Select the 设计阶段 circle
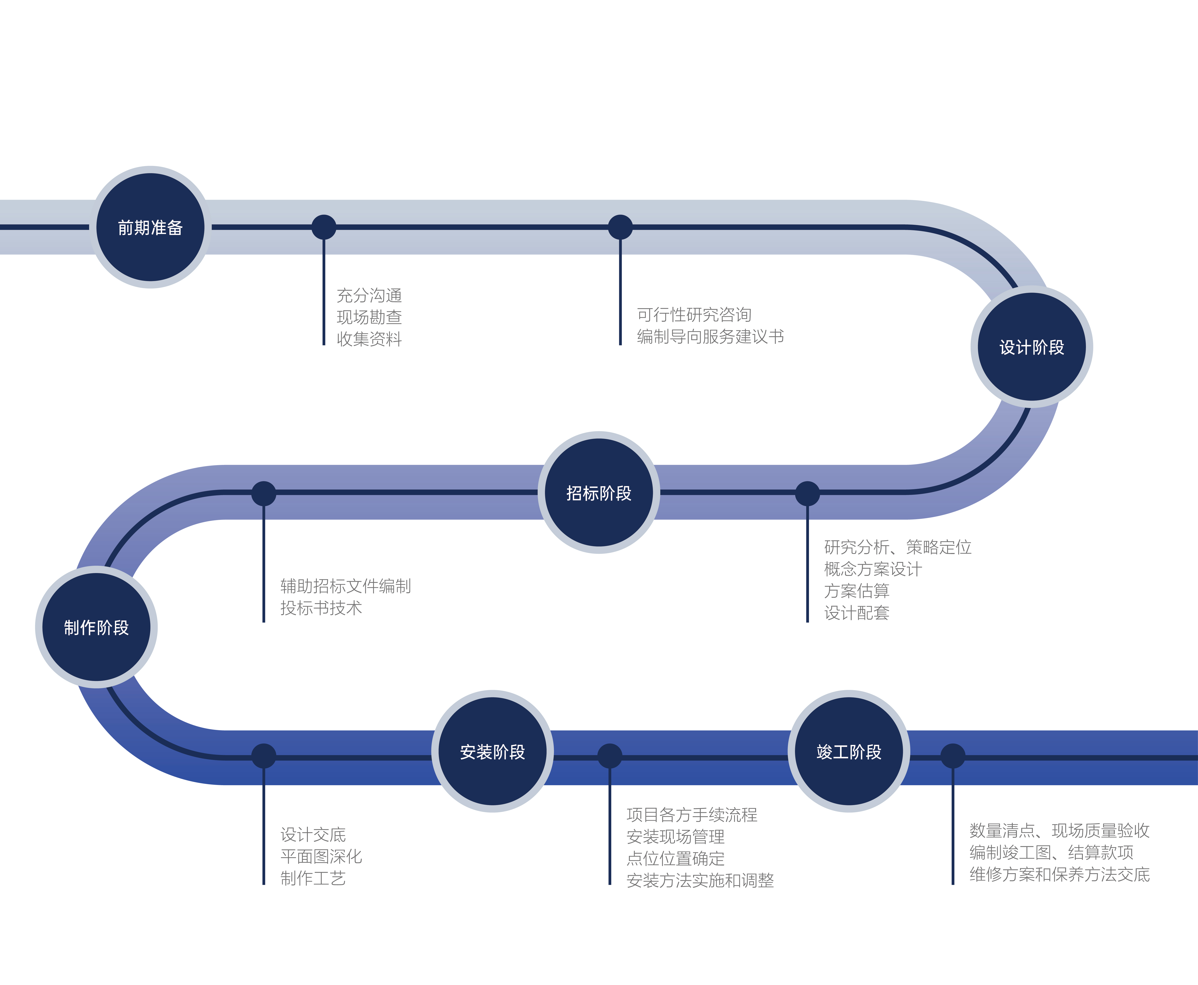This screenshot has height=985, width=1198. coord(1031,347)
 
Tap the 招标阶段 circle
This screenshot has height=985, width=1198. coord(599,492)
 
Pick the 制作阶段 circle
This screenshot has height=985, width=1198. coord(97,627)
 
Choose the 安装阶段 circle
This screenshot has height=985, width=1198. coord(492,751)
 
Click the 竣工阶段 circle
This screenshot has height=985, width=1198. coord(848,751)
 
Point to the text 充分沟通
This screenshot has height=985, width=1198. coord(369,295)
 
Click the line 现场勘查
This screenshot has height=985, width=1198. coord(369,317)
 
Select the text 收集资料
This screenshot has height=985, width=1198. coord(369,339)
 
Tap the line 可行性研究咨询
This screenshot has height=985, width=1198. coord(694,314)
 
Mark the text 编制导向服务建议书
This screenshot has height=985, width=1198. coord(710,336)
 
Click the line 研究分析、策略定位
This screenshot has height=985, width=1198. coord(897,547)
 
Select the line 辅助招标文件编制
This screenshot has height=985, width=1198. coord(345,586)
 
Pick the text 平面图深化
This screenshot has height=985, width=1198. coord(321,856)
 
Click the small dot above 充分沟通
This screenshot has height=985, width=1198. coord(324,227)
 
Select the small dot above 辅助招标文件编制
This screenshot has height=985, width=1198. coord(263,493)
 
